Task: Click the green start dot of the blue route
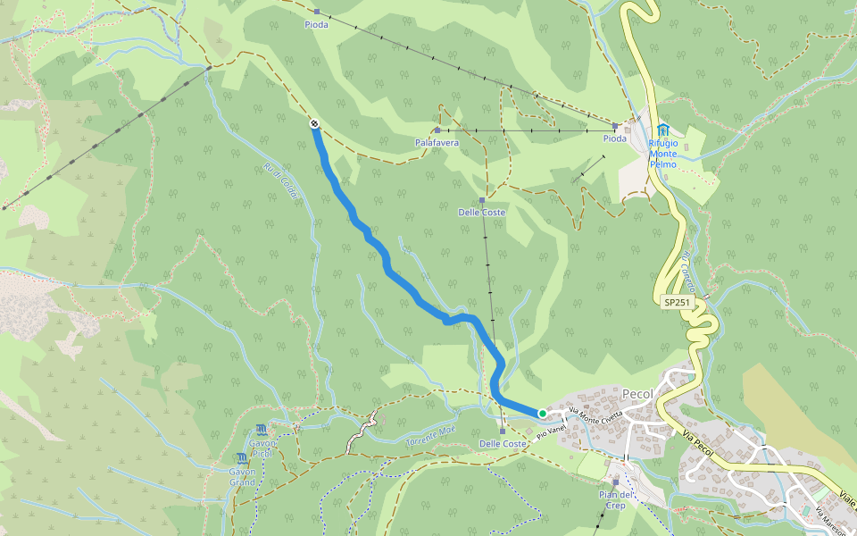[x=542, y=413]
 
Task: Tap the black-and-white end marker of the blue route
[x=315, y=123]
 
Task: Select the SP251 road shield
[x=678, y=303]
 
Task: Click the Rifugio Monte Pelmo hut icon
[x=663, y=130]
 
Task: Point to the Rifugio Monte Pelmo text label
[x=662, y=153]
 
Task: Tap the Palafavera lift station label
[x=437, y=142]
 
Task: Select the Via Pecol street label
[x=701, y=439]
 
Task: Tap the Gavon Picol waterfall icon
[x=261, y=430]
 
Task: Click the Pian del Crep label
[x=616, y=499]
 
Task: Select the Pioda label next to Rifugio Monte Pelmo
[x=614, y=138]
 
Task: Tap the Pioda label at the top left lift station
[x=316, y=24]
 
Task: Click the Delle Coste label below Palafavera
[x=482, y=212]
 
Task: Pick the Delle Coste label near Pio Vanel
[x=503, y=444]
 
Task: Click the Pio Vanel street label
[x=552, y=432]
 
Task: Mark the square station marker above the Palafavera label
[x=437, y=130]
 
